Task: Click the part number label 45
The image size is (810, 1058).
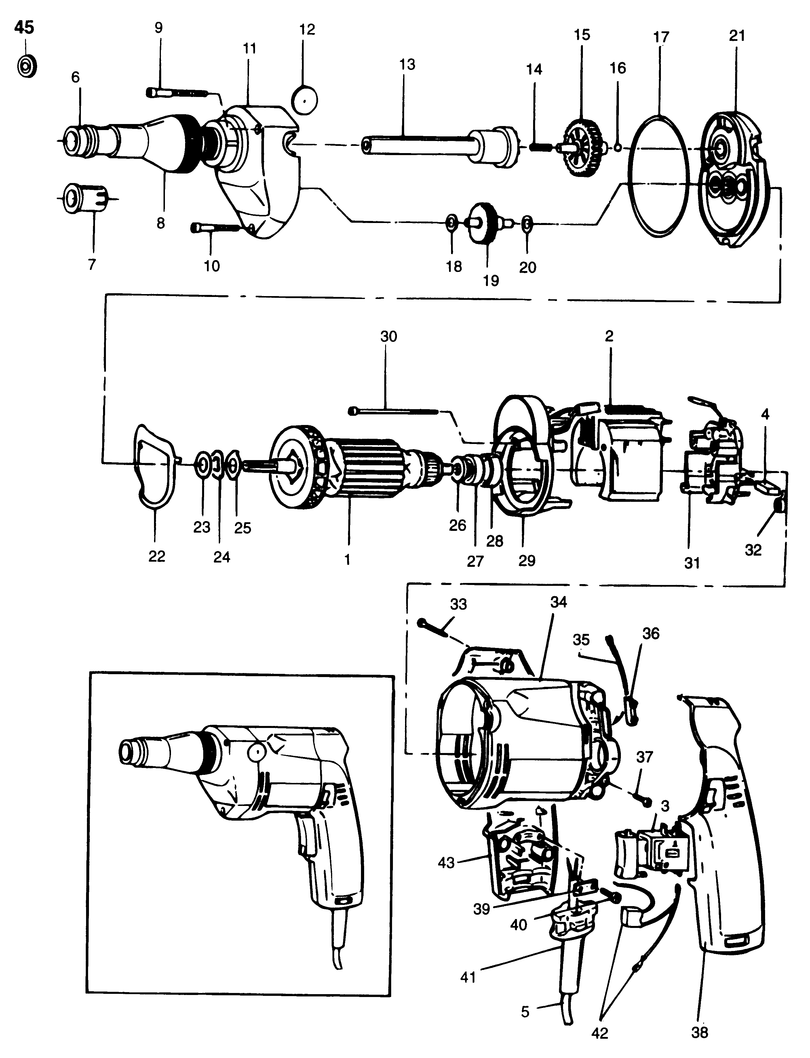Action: (24, 27)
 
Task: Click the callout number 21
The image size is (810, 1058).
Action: (737, 36)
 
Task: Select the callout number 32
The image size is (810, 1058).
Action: (753, 550)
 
